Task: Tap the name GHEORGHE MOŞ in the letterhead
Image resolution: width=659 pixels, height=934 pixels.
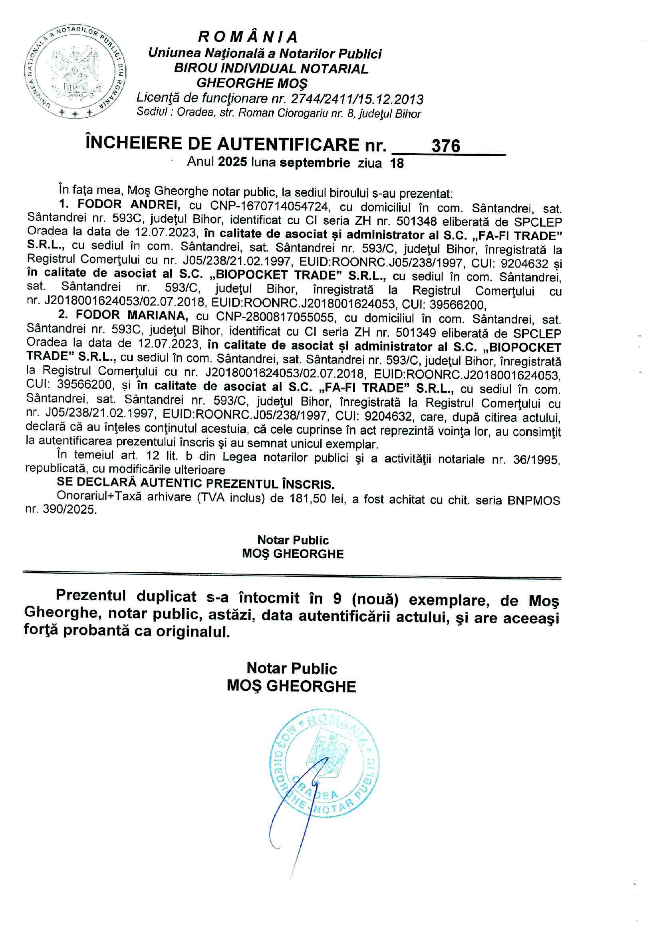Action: click(x=252, y=83)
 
